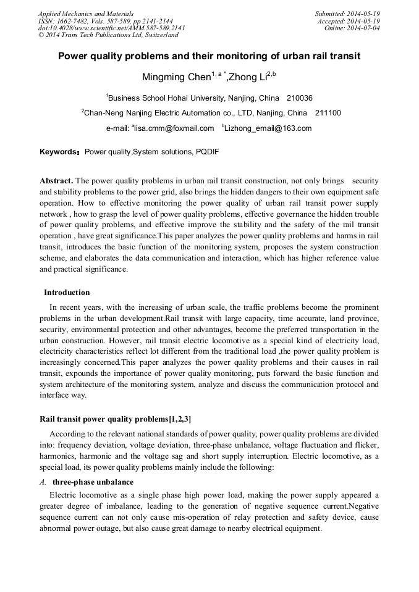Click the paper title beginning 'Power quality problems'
[209, 56]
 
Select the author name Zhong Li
[248, 78]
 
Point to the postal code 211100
[328, 113]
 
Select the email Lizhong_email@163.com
[268, 128]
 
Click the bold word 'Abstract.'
[56, 181]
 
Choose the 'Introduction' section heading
[67, 293]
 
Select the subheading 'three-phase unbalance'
[93, 482]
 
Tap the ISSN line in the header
[105, 21]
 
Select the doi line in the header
[111, 28]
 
